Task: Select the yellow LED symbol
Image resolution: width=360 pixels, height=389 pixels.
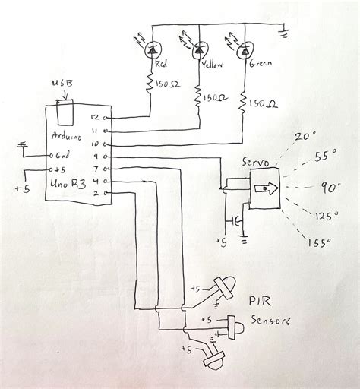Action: coord(199,50)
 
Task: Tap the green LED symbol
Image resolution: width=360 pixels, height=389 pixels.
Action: coord(245,50)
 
